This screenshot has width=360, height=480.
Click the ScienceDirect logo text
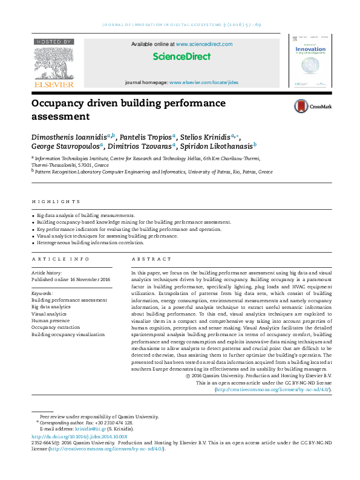[182, 57]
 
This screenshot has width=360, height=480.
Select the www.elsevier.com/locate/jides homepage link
[204, 82]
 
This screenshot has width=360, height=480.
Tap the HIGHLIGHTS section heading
[56, 201]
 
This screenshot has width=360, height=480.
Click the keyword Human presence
[51, 320]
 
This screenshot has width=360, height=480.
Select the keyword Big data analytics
[51, 306]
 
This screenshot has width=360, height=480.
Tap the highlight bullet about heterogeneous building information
[90, 242]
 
